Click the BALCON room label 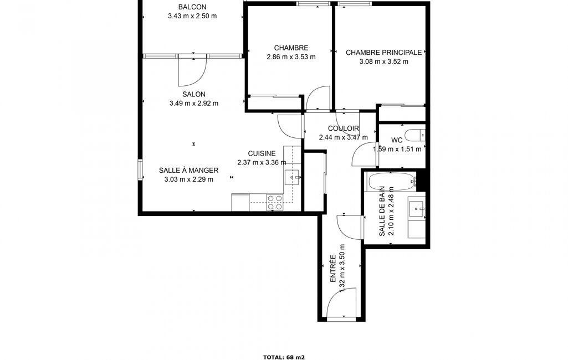point(192,7)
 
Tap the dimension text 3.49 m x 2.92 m point(194,103)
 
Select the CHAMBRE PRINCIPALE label point(383,53)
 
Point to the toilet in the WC point(415,135)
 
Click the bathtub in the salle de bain point(391,182)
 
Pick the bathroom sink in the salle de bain point(417,209)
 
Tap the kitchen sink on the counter point(292,177)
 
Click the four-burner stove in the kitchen point(275,202)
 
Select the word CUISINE point(262,153)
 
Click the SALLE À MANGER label point(189,170)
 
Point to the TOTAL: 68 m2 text point(284,357)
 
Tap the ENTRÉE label point(332,269)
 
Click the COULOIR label point(344,128)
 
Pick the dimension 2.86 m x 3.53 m point(291,57)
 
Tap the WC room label point(397,140)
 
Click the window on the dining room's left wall point(140,169)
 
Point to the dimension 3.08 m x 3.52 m point(383,61)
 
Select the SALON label point(194,94)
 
